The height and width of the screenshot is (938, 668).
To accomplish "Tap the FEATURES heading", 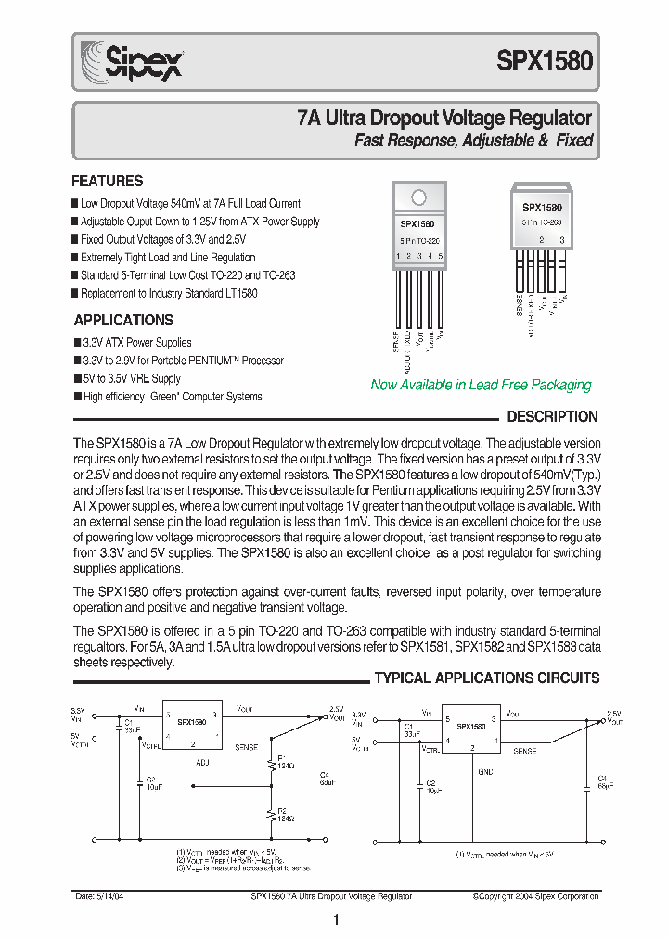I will point(108,182).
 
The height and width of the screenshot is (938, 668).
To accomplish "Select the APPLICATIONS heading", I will point(123,321).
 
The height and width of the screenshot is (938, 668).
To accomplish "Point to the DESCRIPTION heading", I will point(552,417).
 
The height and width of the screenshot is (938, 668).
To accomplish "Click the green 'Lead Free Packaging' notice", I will point(481,385).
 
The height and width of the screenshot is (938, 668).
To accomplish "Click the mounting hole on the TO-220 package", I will point(418,197).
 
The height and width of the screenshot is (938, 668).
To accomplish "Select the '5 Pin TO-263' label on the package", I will point(542,224).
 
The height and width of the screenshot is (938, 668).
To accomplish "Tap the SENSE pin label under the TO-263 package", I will point(519,304).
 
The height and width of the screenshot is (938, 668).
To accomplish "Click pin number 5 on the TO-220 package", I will point(441,255).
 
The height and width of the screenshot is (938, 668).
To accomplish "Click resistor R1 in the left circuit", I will point(270,763).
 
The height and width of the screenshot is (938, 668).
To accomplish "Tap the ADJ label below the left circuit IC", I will point(204,762).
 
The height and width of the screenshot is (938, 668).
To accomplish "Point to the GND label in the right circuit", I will point(484,769).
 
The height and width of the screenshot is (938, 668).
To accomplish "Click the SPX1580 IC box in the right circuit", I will point(472,728).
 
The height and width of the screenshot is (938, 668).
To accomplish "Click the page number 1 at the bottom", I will point(336,920).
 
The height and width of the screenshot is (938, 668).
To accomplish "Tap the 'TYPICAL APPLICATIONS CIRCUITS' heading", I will point(487,678).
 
